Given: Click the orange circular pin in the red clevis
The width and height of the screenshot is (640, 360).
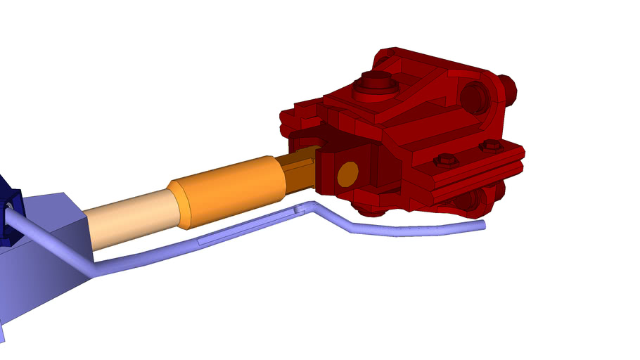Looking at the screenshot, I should point(347,174).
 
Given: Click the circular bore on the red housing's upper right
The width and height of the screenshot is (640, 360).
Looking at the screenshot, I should point(475,97).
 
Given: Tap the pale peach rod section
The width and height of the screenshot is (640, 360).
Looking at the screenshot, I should point(130,220).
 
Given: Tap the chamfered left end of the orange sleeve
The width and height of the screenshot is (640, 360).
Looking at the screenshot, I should point(180,205).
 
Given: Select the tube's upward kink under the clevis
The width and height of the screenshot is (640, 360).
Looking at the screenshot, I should point(309,208).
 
